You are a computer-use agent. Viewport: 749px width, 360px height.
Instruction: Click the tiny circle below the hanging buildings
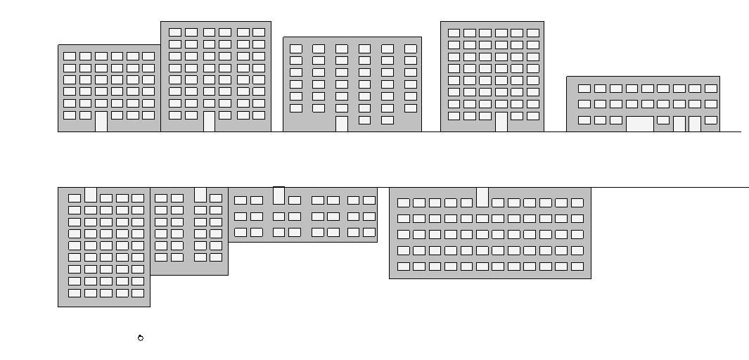click(x=141, y=338)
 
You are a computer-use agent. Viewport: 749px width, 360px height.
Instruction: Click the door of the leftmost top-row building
click(x=101, y=121)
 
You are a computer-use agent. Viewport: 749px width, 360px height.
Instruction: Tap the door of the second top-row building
click(x=209, y=121)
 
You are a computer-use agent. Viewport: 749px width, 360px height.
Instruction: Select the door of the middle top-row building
click(x=342, y=124)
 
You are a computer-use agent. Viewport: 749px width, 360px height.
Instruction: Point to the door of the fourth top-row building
click(x=501, y=122)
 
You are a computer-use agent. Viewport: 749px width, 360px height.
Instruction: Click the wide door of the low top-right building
click(x=640, y=124)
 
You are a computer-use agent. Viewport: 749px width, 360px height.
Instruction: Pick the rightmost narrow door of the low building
click(x=695, y=124)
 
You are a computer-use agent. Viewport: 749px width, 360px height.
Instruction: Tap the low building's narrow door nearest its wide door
click(x=679, y=124)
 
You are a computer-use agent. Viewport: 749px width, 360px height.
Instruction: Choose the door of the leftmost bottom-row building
click(x=91, y=195)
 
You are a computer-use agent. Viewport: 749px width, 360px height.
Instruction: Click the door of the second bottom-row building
click(x=200, y=195)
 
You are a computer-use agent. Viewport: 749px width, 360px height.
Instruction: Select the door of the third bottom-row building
click(x=279, y=195)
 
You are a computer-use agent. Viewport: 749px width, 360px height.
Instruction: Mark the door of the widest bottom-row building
click(x=482, y=197)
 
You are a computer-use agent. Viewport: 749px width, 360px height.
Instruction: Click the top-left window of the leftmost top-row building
click(x=70, y=56)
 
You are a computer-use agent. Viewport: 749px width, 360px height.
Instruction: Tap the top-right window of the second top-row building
click(x=259, y=32)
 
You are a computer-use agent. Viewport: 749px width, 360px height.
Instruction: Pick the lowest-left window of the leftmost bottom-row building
click(x=75, y=293)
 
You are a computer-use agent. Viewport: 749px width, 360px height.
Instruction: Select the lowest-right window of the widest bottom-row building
click(x=577, y=266)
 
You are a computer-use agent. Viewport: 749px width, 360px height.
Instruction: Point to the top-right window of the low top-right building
click(x=711, y=89)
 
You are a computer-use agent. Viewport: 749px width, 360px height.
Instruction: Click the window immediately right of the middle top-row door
click(x=364, y=120)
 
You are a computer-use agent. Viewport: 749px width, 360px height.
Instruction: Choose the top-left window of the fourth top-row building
click(x=454, y=33)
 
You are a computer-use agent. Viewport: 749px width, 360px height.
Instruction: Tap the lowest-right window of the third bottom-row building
click(x=369, y=232)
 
